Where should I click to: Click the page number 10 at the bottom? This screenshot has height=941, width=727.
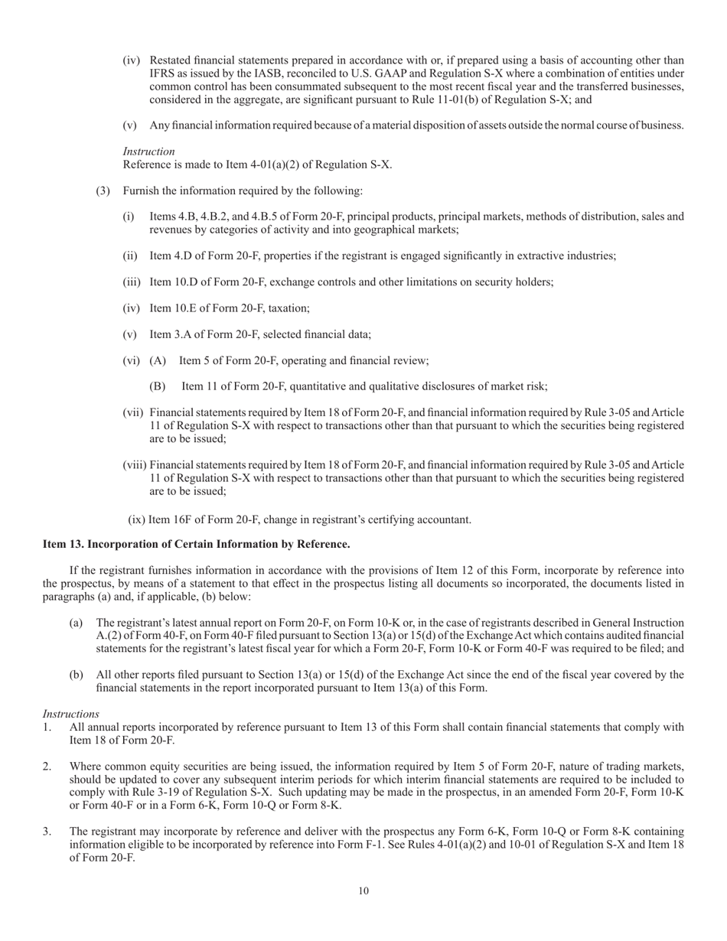(x=363, y=891)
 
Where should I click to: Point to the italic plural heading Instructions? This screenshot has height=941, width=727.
(x=70, y=714)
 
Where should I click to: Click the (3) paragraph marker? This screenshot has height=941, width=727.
(x=103, y=190)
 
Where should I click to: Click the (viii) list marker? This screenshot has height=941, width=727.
(x=135, y=465)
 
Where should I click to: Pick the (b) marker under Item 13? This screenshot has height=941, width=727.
(x=76, y=675)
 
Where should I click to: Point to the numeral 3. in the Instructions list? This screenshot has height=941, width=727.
(x=47, y=831)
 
